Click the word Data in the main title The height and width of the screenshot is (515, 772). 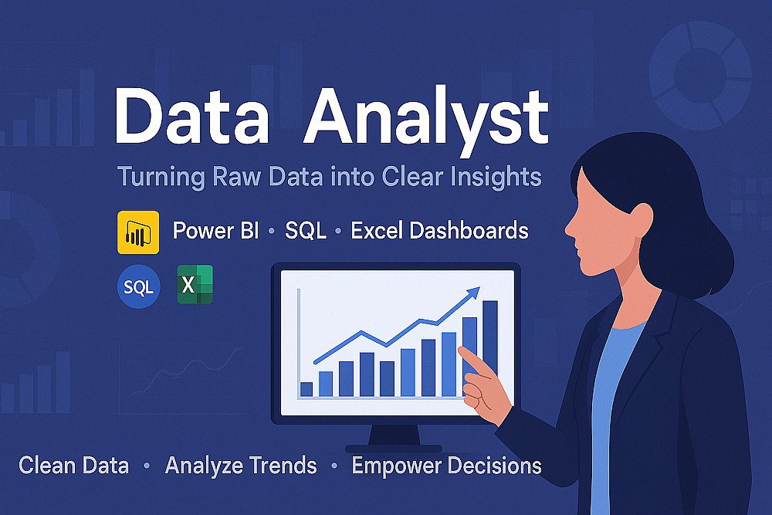(192, 117)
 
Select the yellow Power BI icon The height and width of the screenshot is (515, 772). (138, 232)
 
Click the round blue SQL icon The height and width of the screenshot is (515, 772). (139, 286)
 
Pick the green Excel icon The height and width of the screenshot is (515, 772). (195, 285)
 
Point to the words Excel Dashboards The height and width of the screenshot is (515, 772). (439, 230)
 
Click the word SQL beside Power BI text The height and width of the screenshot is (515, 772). (306, 230)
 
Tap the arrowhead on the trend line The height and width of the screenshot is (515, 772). (473, 293)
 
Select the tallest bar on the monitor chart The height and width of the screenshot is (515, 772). (490, 339)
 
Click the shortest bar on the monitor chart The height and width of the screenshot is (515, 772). (306, 389)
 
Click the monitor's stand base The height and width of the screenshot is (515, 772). (394, 449)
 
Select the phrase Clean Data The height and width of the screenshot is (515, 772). (74, 466)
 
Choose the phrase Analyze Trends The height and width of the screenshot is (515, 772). (241, 466)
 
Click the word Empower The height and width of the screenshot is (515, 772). (396, 466)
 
